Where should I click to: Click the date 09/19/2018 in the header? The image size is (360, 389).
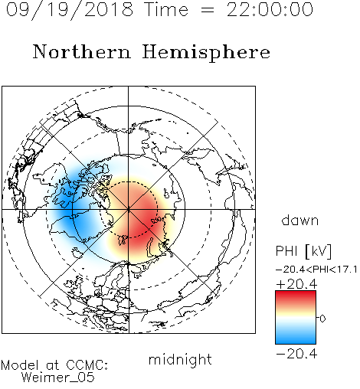(70, 10)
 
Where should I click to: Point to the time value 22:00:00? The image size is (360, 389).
(270, 9)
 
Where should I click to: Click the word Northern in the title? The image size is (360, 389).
(82, 51)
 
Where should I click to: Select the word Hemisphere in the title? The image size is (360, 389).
(206, 53)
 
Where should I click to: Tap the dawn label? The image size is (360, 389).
(300, 221)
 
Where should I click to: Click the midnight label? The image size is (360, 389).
(180, 359)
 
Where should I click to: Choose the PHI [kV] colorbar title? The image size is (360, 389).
(303, 251)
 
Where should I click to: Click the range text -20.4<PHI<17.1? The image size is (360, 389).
(316, 270)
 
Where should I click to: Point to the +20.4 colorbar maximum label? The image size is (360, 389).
(296, 284)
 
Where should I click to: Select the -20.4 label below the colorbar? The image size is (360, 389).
(296, 354)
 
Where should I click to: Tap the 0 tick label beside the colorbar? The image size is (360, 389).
(322, 319)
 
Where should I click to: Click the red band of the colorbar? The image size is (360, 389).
(296, 297)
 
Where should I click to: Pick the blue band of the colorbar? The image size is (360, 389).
(296, 337)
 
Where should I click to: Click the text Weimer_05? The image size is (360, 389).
(58, 378)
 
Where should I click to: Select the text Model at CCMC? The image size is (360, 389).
(54, 365)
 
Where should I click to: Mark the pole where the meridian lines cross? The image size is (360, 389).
(129, 210)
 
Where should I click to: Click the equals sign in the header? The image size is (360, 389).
(208, 11)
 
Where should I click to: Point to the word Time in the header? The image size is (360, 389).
(166, 9)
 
